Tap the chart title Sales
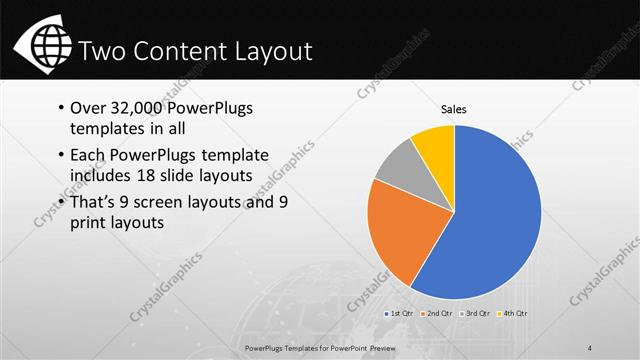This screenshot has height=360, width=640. tap(455, 109)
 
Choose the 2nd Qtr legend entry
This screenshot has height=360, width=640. tap(440, 313)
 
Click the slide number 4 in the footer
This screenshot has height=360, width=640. tap(592, 346)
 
